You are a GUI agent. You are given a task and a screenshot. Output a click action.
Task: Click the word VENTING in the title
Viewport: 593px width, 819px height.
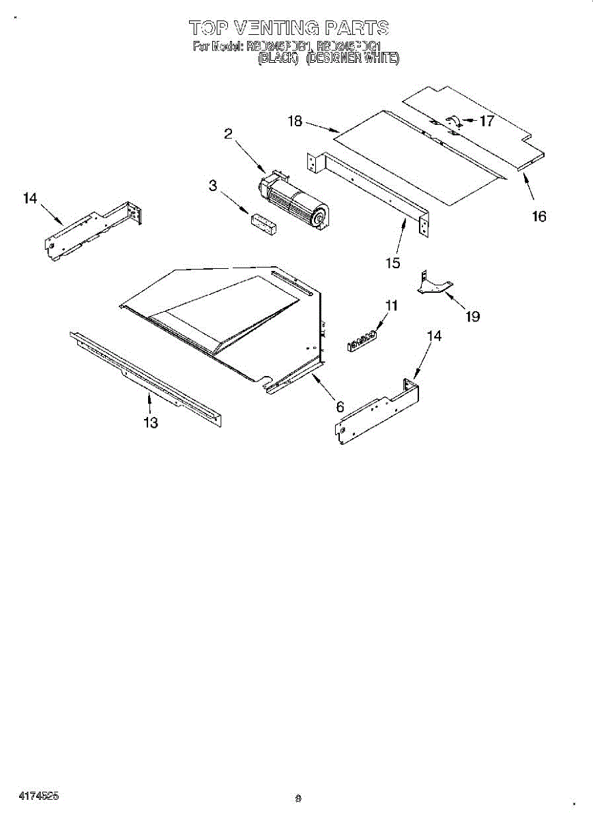coord(276,28)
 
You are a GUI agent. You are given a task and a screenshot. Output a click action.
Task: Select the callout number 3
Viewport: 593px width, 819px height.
coord(213,185)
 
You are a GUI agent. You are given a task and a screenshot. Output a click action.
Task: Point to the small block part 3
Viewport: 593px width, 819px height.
coord(263,224)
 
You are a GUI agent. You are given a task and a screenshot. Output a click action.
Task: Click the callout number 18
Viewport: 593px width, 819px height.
coord(295,121)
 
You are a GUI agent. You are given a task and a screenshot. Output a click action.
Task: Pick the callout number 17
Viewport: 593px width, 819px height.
coord(487,121)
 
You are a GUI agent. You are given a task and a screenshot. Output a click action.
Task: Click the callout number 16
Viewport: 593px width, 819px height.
coord(539,217)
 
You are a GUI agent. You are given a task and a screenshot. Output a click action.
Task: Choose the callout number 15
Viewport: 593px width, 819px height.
coord(392,263)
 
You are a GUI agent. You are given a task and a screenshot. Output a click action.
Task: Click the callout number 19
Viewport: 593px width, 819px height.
coord(472,316)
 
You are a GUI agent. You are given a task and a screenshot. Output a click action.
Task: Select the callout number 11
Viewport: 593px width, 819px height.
coord(390,306)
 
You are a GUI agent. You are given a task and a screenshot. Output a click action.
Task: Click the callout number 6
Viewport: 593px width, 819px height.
coord(340,407)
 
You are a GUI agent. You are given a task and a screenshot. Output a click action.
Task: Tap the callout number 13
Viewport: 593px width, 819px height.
coord(151,423)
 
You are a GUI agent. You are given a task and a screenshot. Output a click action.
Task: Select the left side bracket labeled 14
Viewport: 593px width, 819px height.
coord(96,229)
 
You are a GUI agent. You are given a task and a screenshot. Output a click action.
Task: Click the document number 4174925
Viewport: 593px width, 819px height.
coord(39,796)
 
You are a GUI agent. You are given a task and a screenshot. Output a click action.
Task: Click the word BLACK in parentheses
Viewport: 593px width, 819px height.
coord(278,59)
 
